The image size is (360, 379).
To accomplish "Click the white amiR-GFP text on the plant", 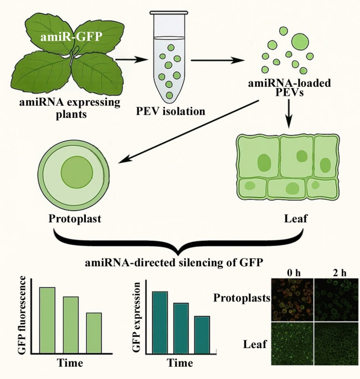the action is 70,37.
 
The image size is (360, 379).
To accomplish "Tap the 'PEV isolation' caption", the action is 171,111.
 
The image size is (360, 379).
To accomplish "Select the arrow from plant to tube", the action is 132,59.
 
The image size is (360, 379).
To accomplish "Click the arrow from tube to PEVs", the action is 218,60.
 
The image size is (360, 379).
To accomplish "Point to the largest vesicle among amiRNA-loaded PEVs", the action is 300,41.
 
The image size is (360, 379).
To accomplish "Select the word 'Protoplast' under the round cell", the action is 75,219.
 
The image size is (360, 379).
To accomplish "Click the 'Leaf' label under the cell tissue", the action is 295,219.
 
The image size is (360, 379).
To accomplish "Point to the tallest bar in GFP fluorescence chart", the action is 48,320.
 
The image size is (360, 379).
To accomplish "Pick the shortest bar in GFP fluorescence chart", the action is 94,333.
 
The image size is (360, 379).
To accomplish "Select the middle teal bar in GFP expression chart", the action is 181,329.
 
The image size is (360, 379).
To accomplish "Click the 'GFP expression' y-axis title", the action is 137,317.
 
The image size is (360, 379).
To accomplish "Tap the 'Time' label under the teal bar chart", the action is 180,363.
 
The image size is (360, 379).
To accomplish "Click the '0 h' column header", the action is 294,273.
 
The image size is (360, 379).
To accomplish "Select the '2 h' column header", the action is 340,273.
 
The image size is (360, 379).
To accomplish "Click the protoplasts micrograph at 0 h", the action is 292,300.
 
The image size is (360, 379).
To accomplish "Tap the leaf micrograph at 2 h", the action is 336,344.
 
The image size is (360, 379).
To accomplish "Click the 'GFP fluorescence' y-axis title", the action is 22,314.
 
